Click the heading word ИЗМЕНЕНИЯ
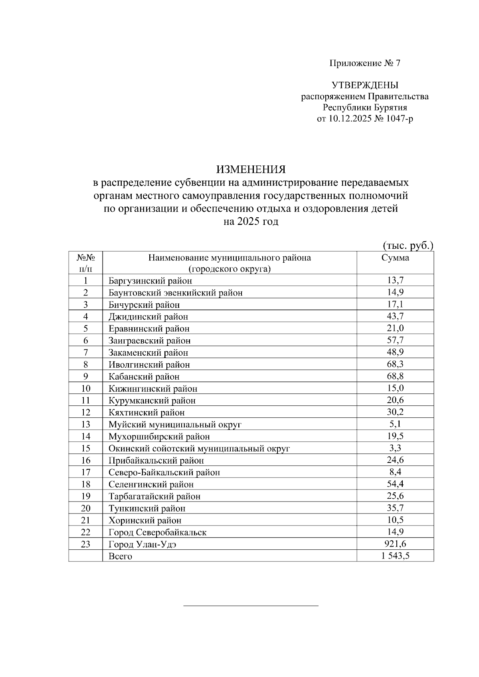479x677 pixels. pos(251,170)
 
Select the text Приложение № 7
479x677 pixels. pos(364,63)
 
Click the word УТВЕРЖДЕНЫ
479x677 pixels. pos(364,85)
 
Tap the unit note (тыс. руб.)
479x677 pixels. pos(408,246)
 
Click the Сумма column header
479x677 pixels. pos(395,258)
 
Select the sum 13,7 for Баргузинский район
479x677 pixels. pos(395,281)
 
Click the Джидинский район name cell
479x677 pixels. pos(148,317)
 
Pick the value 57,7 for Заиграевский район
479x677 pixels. pos(395,340)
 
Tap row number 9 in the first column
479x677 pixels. pos(85,376)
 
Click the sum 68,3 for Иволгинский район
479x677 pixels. pos(395,364)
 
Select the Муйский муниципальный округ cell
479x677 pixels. pos(175,425)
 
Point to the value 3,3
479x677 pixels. pos(395,448)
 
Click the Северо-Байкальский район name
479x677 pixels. pos(164,472)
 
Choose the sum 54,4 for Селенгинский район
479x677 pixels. pos(395,484)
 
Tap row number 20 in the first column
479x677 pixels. pos(85,508)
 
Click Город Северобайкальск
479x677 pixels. pos(157,532)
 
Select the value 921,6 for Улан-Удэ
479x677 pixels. pos(395,544)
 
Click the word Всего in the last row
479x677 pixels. pos(120,556)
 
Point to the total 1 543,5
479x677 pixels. pos(395,556)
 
